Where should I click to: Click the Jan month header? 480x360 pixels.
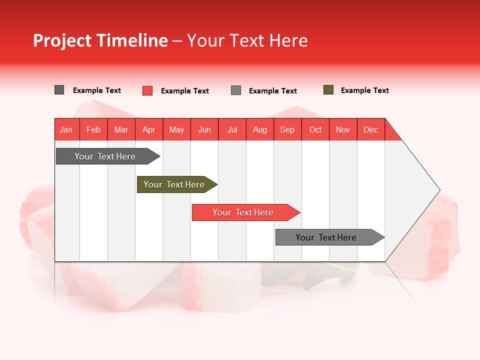66,129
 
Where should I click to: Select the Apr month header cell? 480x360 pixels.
148,129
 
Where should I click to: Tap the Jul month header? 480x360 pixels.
232,129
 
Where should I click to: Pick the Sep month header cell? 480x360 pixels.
287,129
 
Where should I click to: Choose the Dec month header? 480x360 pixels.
370,129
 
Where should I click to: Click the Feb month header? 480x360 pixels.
93,129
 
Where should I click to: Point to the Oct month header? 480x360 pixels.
315,129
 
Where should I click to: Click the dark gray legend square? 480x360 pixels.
59,90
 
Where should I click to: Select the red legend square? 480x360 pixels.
147,90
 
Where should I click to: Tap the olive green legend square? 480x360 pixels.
328,90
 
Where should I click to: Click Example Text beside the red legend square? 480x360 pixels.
185,91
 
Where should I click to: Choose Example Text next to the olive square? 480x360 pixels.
365,90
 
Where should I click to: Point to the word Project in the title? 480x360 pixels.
62,40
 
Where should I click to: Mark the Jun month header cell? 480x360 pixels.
204,129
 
